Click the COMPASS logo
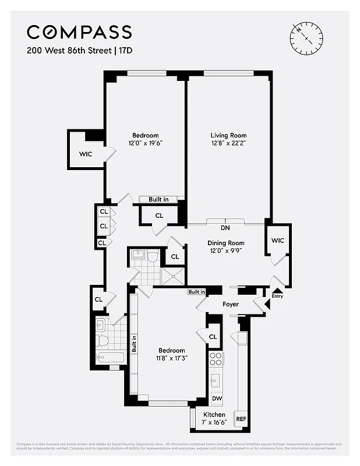79,31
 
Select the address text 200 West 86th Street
67,50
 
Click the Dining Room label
225,243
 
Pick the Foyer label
231,304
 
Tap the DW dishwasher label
217,399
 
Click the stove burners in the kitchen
216,359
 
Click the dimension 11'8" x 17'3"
172,358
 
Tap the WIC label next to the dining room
277,240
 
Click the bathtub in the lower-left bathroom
108,358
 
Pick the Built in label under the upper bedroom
158,199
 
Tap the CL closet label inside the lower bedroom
213,337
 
